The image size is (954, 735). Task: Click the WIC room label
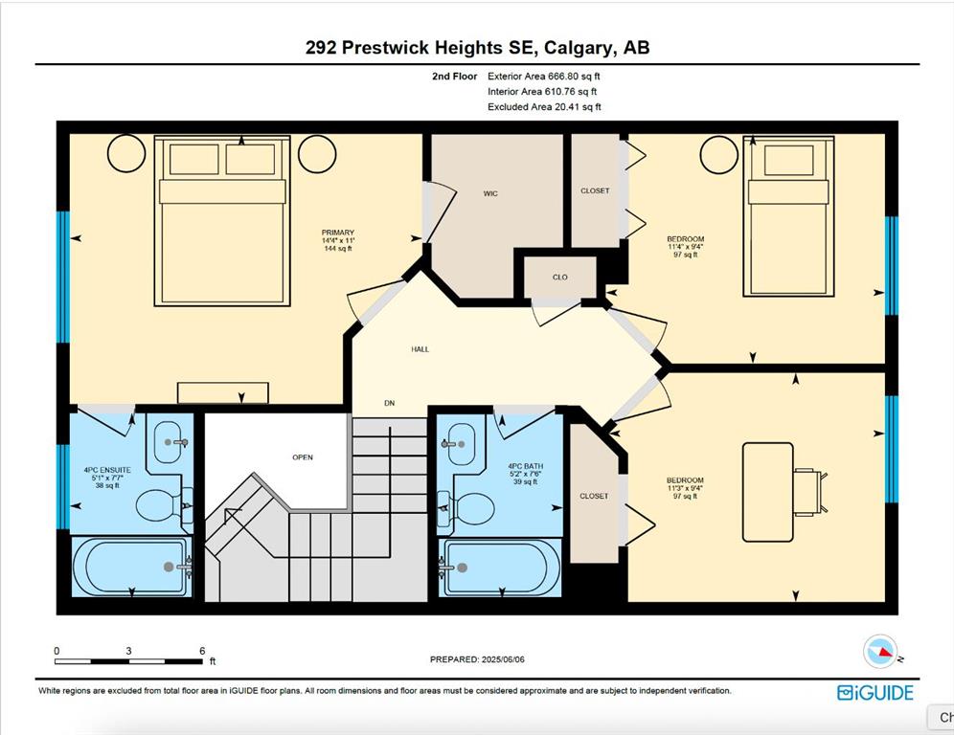[490, 193]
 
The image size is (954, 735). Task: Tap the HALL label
[420, 349]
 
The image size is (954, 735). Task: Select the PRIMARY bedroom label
[338, 233]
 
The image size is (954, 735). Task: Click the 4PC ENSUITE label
[107, 470]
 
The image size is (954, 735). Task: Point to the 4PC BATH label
[525, 466]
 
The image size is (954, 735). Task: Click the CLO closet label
[559, 278]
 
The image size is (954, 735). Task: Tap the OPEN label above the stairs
[303, 457]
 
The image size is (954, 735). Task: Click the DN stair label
[390, 403]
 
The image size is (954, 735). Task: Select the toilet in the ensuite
[158, 505]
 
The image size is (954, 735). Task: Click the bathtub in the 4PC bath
[500, 568]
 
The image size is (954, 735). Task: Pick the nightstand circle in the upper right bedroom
[719, 154]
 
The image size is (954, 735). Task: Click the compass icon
[880, 651]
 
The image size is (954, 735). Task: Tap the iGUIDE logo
[874, 693]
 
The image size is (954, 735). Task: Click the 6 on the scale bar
[202, 651]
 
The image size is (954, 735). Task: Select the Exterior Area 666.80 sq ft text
[544, 76]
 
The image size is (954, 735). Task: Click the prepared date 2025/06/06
[503, 659]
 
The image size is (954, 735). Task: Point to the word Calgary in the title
[579, 48]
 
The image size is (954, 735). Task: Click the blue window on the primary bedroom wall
[62, 277]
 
